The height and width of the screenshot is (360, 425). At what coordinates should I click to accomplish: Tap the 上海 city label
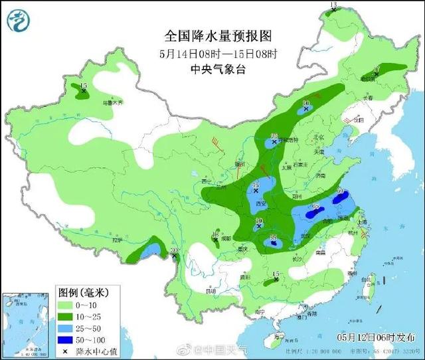[x=363, y=221]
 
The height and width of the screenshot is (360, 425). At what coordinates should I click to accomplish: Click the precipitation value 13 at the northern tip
[x=334, y=5]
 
